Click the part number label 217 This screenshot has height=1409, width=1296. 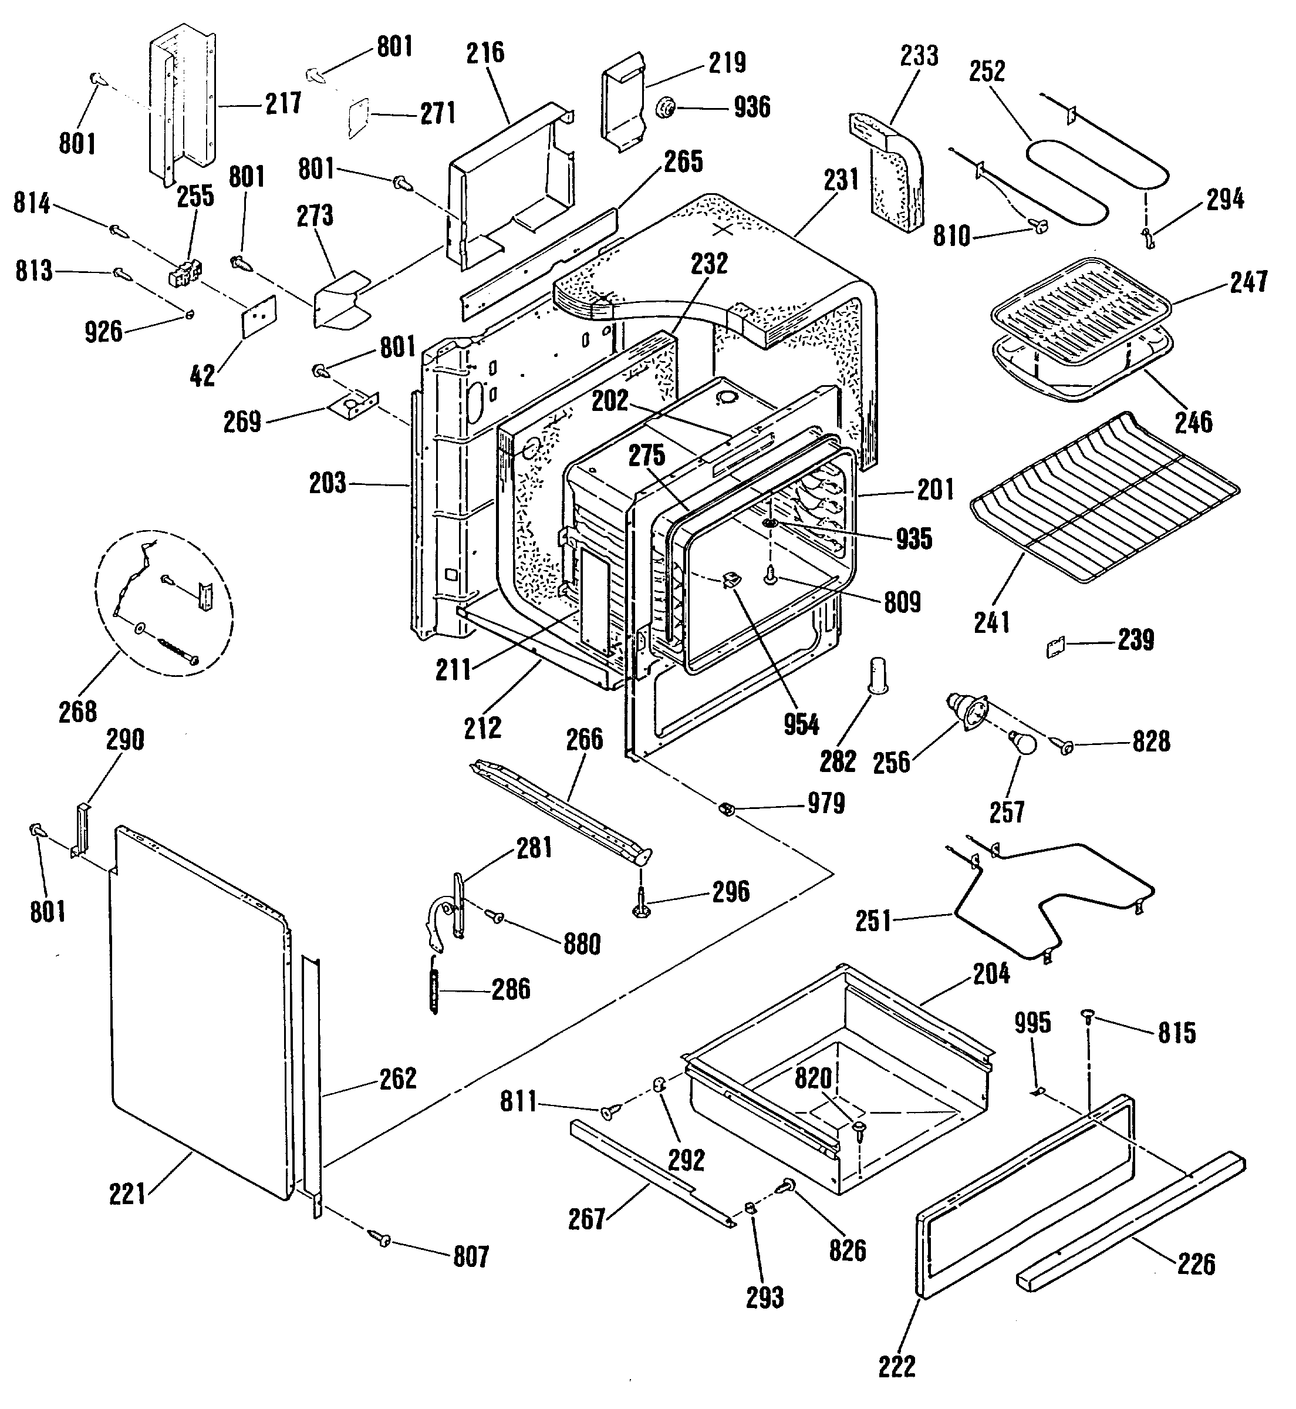click(283, 104)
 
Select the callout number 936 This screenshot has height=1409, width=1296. click(752, 107)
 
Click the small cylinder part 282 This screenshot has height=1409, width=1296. click(878, 675)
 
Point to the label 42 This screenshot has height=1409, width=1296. click(203, 376)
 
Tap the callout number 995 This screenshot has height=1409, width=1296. click(1032, 1023)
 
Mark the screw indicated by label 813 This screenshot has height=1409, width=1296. click(120, 273)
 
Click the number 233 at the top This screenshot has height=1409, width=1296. click(919, 55)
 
